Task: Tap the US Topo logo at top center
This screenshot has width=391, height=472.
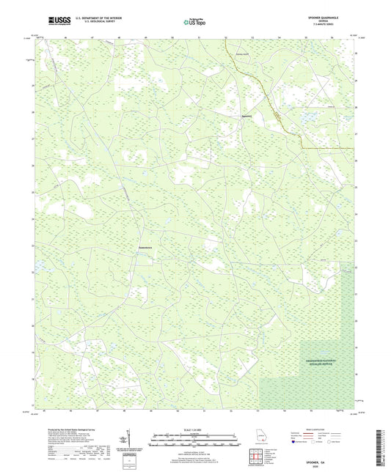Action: [194, 23]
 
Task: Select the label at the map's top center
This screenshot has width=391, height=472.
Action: [242, 53]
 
